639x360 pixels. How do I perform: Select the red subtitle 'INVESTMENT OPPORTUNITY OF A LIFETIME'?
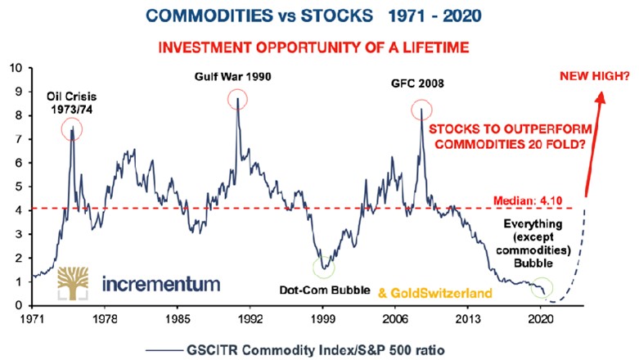[319, 47]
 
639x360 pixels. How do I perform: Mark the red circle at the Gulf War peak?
[237, 101]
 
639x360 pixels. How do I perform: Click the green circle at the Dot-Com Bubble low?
[325, 268]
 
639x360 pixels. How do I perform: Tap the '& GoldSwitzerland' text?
[423, 291]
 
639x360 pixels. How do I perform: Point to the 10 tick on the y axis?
[17, 67]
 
